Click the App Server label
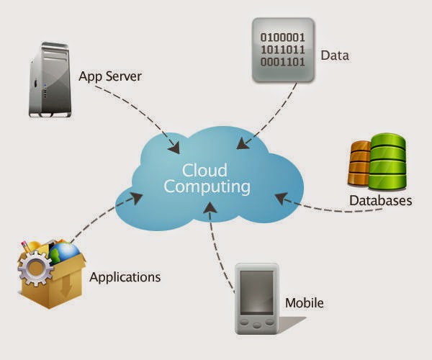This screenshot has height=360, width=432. [x=110, y=76]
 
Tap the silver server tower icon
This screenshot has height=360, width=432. [x=50, y=80]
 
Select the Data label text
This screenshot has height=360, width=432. [x=335, y=55]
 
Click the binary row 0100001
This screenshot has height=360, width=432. [x=283, y=37]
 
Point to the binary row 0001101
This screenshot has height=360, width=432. [x=283, y=62]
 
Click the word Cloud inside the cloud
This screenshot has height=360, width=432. [x=204, y=170]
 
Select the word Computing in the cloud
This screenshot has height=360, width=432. [x=207, y=187]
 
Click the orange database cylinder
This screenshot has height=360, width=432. [x=359, y=163]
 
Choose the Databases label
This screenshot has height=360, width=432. [x=380, y=201]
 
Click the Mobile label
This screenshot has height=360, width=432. [x=304, y=303]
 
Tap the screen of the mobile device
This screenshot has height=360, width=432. [x=257, y=292]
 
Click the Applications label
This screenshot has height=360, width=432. [x=125, y=278]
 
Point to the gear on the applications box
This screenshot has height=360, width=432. [x=35, y=269]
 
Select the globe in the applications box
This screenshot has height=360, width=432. [x=64, y=253]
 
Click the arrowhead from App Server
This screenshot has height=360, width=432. [x=175, y=148]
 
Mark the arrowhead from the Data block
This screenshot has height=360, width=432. [x=243, y=143]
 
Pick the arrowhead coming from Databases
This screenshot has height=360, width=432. [x=281, y=198]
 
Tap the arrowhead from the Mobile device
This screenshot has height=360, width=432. [x=210, y=208]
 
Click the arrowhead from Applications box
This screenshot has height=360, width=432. [x=137, y=197]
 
